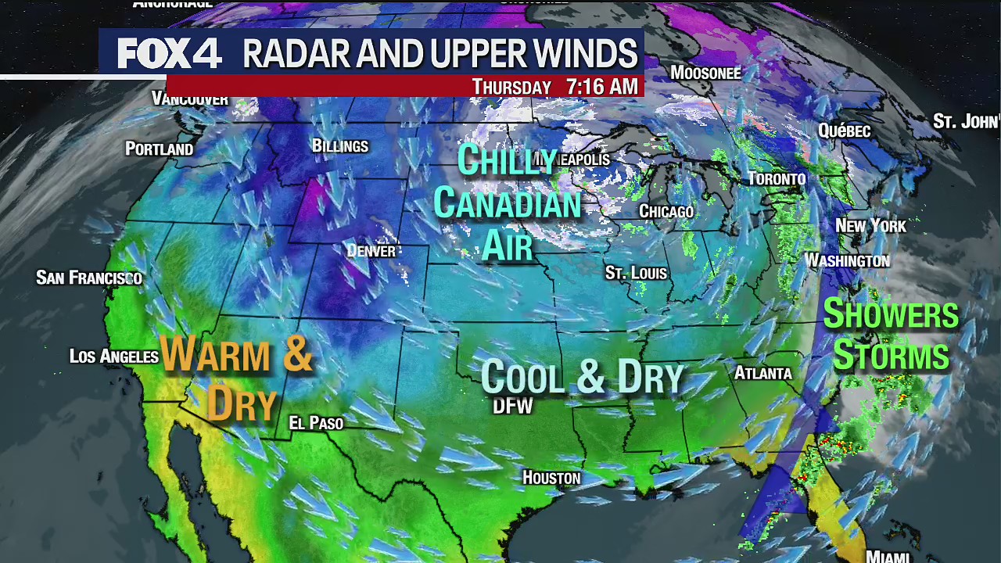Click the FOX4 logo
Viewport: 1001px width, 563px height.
pyautogui.click(x=169, y=54)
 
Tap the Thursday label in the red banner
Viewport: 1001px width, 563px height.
pyautogui.click(x=511, y=87)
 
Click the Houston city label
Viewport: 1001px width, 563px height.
pyautogui.click(x=551, y=478)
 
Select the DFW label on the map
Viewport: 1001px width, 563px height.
pyautogui.click(x=513, y=406)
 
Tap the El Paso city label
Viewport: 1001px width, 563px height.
pyautogui.click(x=316, y=423)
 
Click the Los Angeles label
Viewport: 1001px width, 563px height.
pyautogui.click(x=114, y=357)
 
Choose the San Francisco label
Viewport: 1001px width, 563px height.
pyautogui.click(x=89, y=278)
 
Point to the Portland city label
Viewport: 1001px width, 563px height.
pyautogui.click(x=159, y=149)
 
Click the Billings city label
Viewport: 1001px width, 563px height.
pyautogui.click(x=339, y=146)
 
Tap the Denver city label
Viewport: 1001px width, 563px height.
pyautogui.click(x=371, y=251)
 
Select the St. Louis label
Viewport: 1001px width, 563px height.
pyautogui.click(x=636, y=273)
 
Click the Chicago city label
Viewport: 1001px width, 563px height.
pyautogui.click(x=666, y=212)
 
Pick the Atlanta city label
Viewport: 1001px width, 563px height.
pyautogui.click(x=762, y=374)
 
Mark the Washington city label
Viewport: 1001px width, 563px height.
pyautogui.click(x=847, y=260)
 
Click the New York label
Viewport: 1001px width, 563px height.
pyautogui.click(x=870, y=226)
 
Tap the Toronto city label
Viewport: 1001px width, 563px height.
pyautogui.click(x=777, y=179)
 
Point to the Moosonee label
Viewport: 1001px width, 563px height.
pyautogui.click(x=705, y=73)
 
